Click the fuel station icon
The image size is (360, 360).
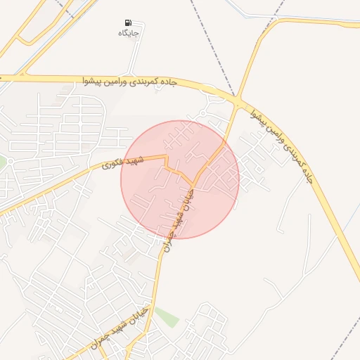(x=128, y=22)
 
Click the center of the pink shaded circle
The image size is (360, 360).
(x=180, y=179)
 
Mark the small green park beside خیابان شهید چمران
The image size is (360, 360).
(x=166, y=316)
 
